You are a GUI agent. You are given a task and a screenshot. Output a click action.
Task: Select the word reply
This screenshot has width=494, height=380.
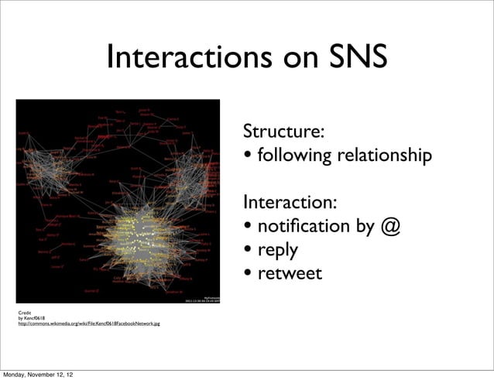(x=277, y=251)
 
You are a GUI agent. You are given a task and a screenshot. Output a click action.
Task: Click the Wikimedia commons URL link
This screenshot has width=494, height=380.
(x=88, y=324)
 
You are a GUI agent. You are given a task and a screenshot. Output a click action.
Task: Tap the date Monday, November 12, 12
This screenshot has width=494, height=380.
(x=39, y=375)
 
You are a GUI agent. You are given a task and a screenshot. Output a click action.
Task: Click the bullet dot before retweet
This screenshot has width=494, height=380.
(x=249, y=275)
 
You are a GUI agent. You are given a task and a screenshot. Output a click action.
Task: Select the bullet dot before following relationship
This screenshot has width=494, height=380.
(x=249, y=156)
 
